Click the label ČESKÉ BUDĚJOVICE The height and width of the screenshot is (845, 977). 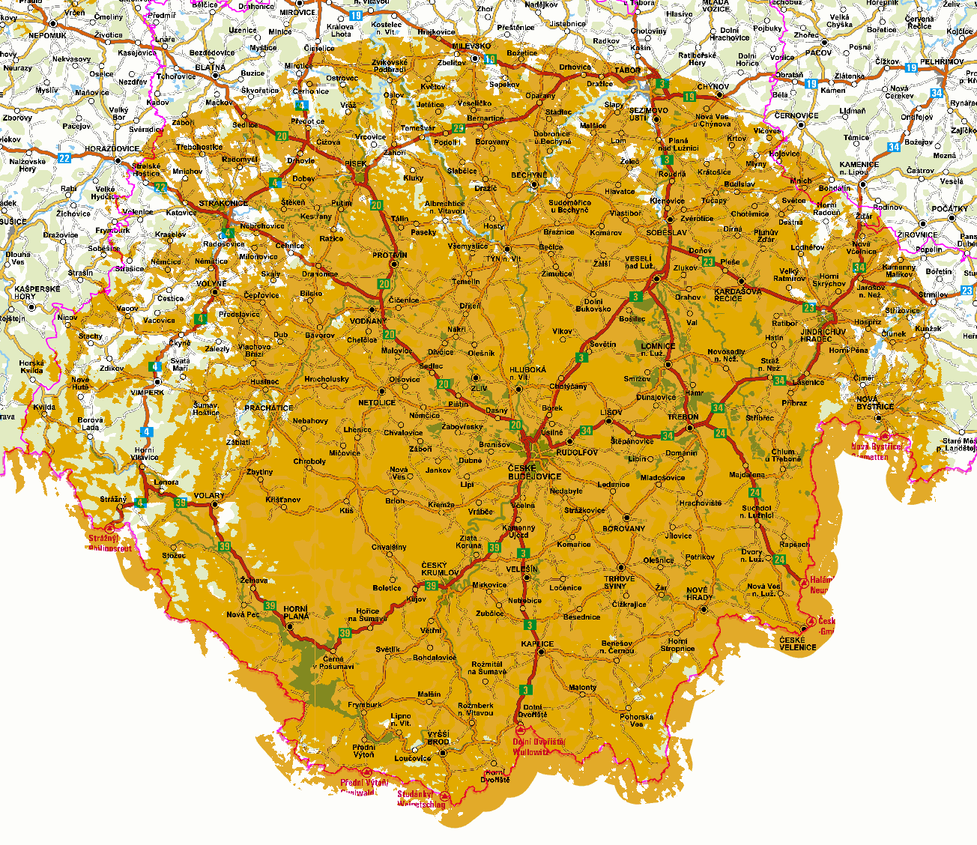point(534,472)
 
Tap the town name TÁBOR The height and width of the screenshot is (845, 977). point(628,70)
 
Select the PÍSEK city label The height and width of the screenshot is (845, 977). point(357,164)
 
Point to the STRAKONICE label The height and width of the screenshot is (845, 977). point(223,204)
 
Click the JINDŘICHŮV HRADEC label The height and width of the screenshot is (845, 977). point(823,335)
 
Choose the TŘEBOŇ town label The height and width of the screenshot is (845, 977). point(683,417)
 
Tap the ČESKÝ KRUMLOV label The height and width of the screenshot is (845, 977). point(440,569)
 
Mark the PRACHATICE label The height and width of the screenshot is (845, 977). point(269,408)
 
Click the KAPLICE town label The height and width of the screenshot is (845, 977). point(537,644)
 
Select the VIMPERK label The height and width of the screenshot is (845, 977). point(147,393)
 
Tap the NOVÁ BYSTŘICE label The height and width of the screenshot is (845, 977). point(875,403)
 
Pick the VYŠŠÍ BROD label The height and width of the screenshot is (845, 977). point(438,738)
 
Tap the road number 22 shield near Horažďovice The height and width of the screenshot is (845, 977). point(64,158)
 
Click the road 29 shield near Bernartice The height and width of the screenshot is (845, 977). point(459,128)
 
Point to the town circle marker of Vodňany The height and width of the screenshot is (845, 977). point(373,309)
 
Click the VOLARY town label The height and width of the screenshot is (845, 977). point(208,496)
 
